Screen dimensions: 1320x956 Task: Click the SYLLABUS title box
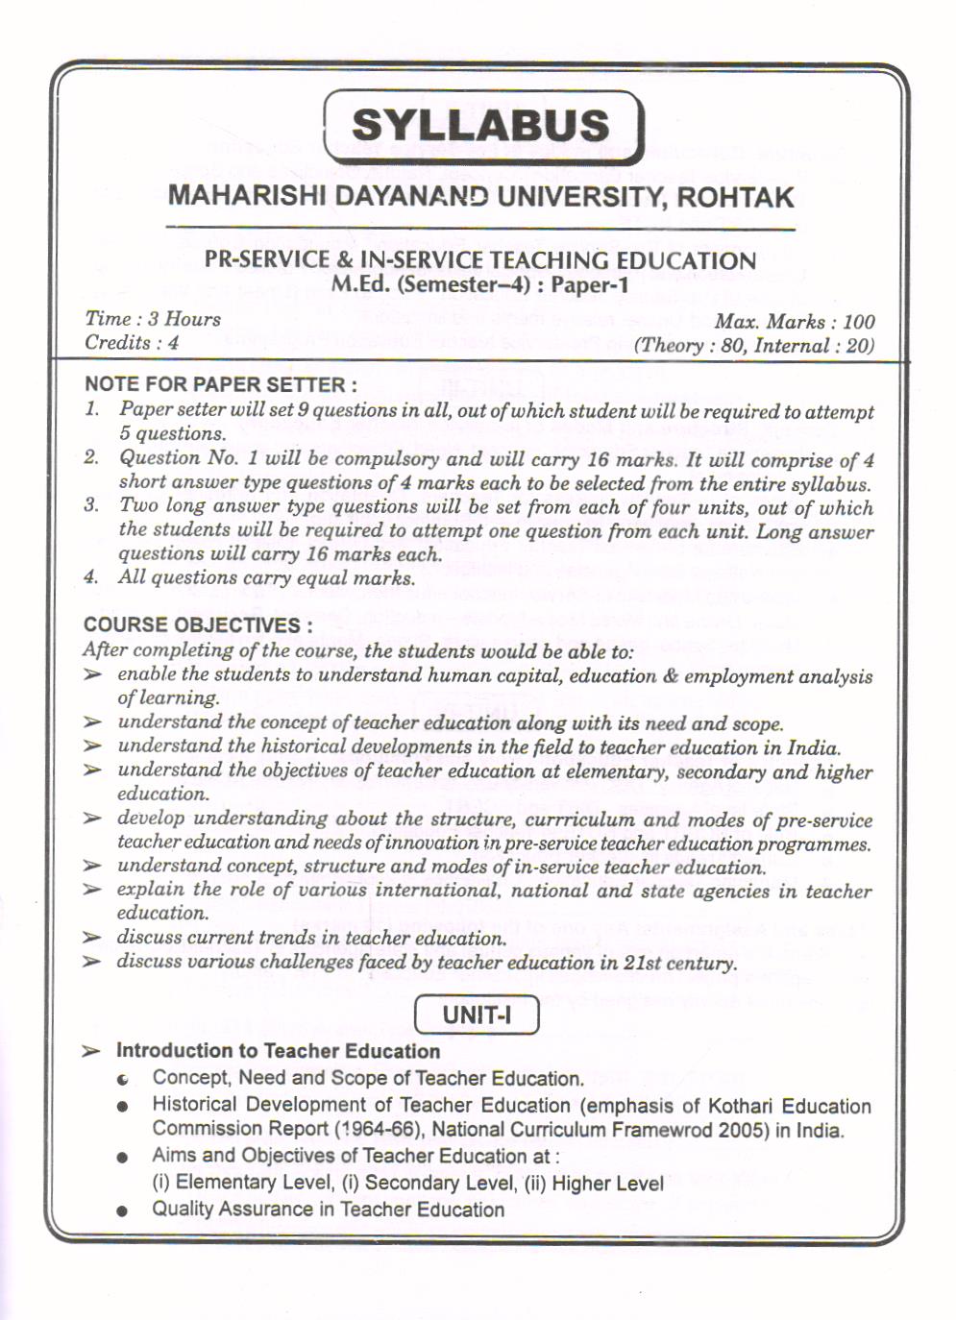tap(482, 126)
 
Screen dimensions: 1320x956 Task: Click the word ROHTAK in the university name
tap(736, 198)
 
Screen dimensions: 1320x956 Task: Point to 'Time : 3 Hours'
tap(153, 319)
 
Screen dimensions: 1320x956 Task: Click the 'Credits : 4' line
tap(132, 342)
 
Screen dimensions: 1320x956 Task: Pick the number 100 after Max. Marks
tap(858, 322)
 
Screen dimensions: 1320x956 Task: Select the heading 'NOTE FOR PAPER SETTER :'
tap(221, 384)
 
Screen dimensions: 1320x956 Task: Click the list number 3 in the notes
tap(91, 505)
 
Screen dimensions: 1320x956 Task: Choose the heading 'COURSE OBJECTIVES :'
tap(198, 624)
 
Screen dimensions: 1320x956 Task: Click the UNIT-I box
tap(477, 1014)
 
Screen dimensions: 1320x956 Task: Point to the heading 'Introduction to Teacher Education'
tap(278, 1051)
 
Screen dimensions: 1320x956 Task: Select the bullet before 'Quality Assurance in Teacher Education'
tap(122, 1210)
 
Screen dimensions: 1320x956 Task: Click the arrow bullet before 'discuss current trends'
tap(92, 938)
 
